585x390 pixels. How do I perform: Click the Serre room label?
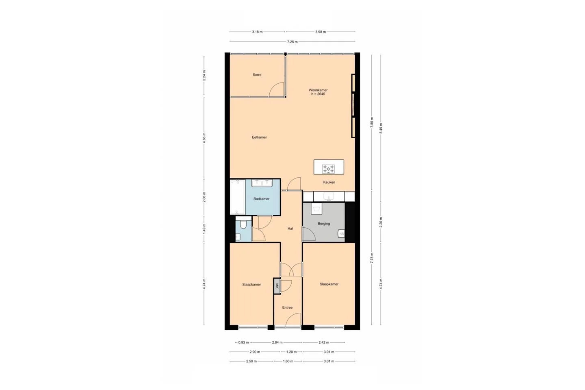click(257, 75)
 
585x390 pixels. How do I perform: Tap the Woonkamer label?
click(318, 90)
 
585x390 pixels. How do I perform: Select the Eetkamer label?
click(259, 137)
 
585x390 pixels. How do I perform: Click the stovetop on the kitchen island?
click(328, 169)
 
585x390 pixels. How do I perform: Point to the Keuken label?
click(329, 182)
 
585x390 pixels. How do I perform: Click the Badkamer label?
click(262, 199)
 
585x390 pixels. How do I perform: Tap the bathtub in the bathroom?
click(238, 197)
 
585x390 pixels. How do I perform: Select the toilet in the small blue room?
click(243, 224)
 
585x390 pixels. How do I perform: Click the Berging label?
click(324, 224)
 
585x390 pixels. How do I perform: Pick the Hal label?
click(290, 229)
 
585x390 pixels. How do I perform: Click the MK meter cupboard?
click(277, 286)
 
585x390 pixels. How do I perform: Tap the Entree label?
click(287, 308)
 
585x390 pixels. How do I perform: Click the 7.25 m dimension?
click(292, 42)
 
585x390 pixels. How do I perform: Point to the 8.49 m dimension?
click(381, 129)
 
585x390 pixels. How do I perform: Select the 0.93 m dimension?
click(243, 342)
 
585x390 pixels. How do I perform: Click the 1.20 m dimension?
click(291, 352)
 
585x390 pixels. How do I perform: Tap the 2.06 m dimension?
click(204, 197)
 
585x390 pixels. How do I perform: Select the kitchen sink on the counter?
click(329, 196)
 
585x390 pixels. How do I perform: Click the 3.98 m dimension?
click(321, 32)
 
